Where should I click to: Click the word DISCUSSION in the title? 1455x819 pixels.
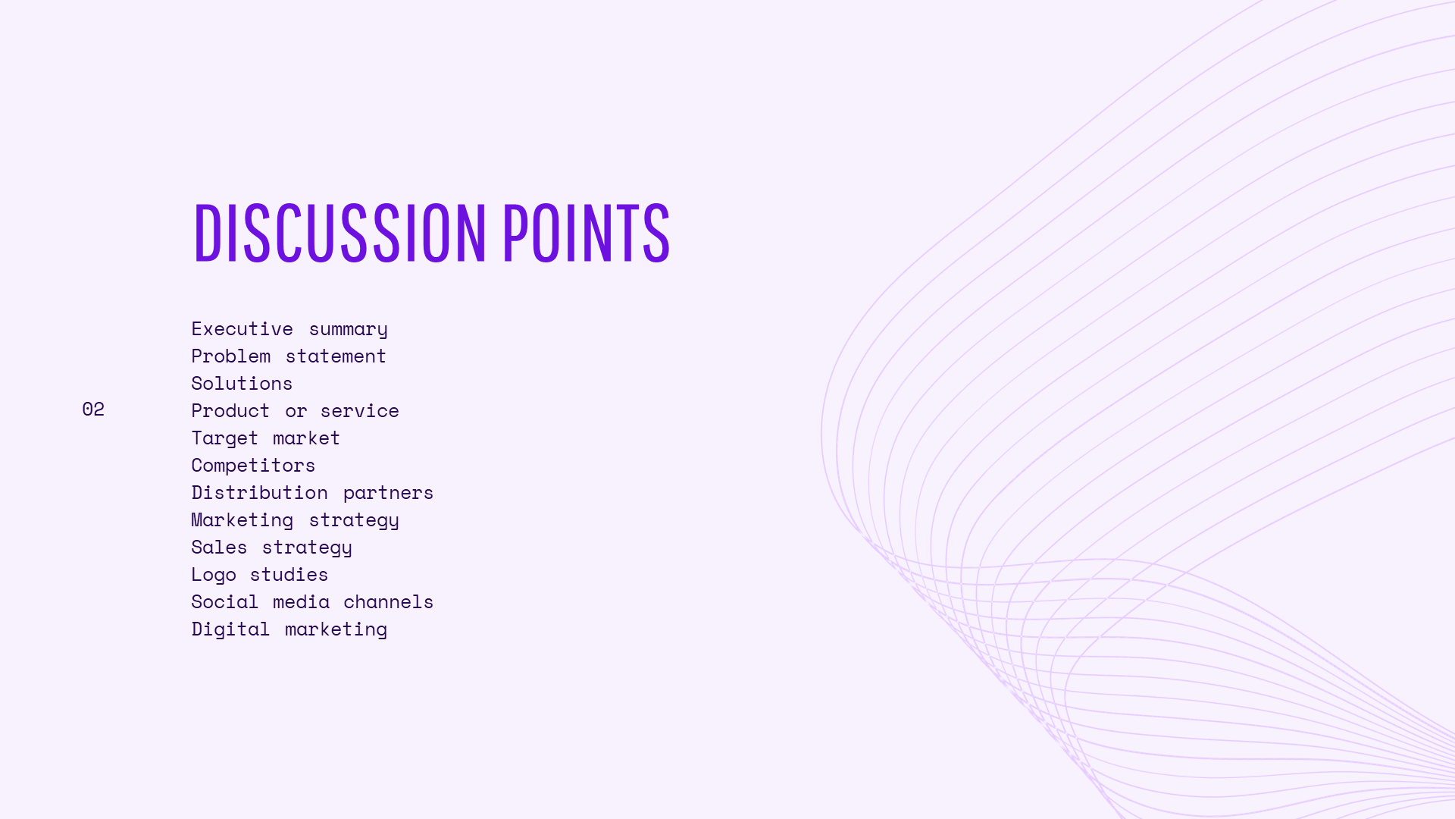339,233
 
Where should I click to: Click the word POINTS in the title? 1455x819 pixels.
586,233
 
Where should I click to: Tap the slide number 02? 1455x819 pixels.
93,409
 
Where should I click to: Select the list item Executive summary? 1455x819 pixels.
289,330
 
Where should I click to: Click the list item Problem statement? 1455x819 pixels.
289,356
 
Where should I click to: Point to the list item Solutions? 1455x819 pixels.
242,384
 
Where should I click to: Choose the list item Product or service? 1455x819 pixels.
295,411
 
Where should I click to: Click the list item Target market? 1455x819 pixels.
265,438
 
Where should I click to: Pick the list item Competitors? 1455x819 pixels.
253,466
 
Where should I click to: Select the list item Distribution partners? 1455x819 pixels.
312,494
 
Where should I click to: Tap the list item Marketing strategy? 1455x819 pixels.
295,521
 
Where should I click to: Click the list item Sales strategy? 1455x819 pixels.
271,548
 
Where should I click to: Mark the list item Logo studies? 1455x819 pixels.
259,576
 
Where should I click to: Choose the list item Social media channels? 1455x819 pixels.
312,602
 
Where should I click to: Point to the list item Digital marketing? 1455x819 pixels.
289,630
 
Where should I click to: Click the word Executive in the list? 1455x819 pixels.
242,329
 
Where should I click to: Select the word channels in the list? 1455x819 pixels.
388,602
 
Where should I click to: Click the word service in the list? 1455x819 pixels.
359,412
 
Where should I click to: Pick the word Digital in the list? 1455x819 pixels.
230,630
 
